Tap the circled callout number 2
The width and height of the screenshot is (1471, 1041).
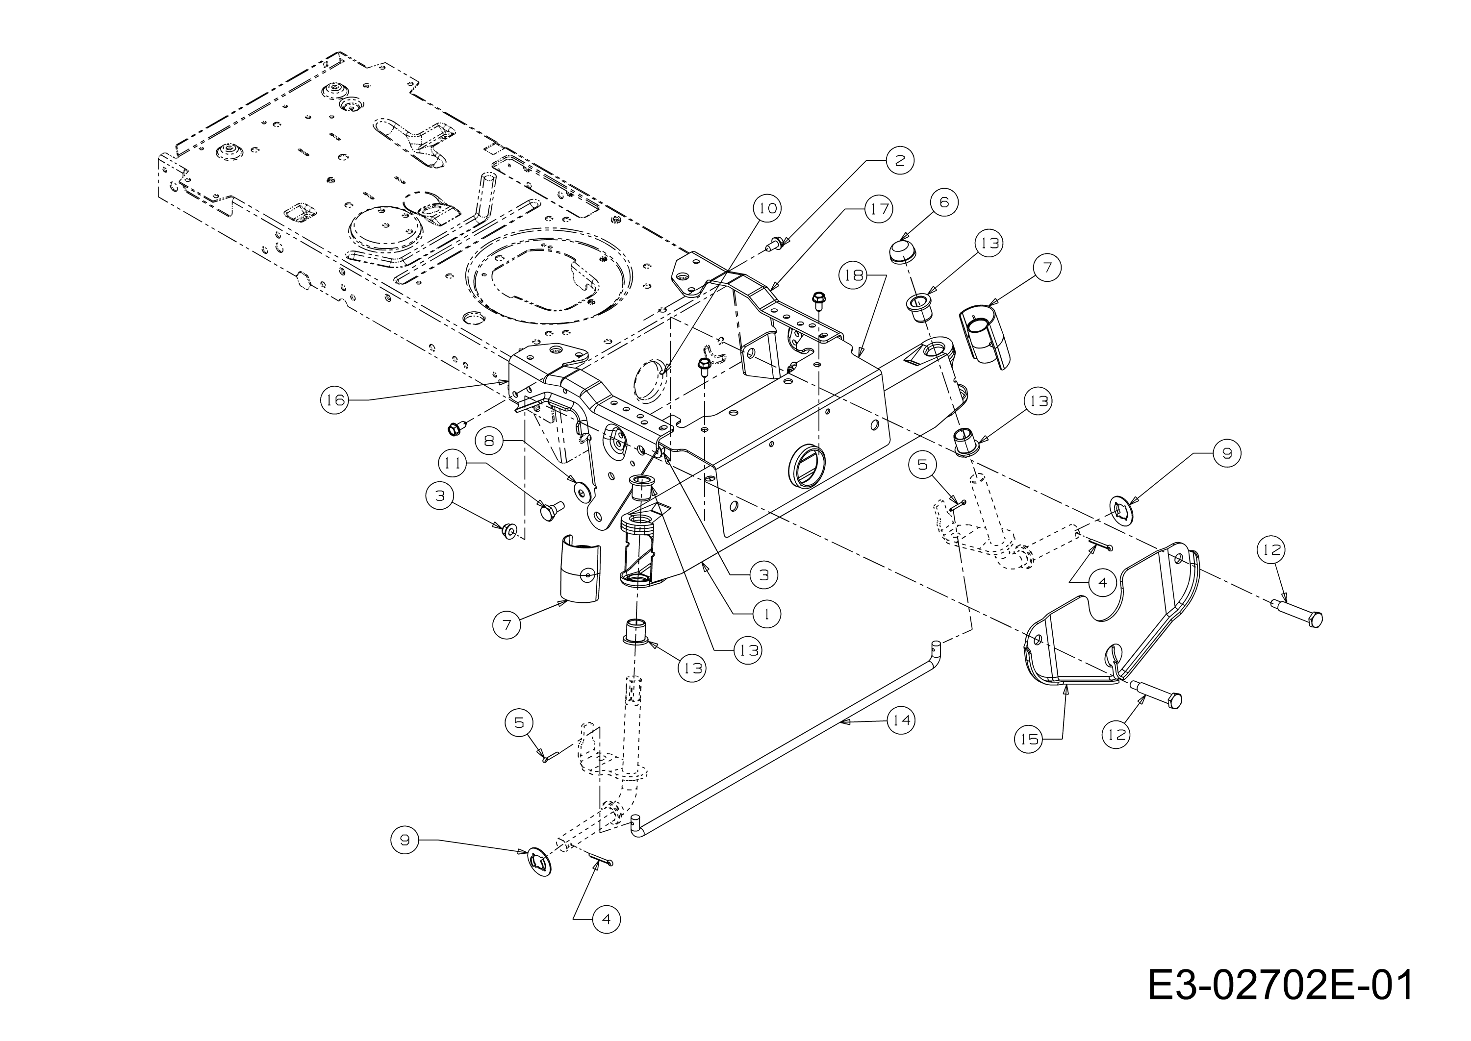tap(900, 160)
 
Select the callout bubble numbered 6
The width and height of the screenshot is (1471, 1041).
tap(944, 202)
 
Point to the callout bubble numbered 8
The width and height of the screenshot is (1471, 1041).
tap(489, 441)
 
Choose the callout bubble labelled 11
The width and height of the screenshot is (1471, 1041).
tap(453, 464)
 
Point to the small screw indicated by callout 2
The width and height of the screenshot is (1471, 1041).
tap(776, 244)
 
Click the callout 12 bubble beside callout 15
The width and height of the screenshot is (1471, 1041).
tap(1117, 735)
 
